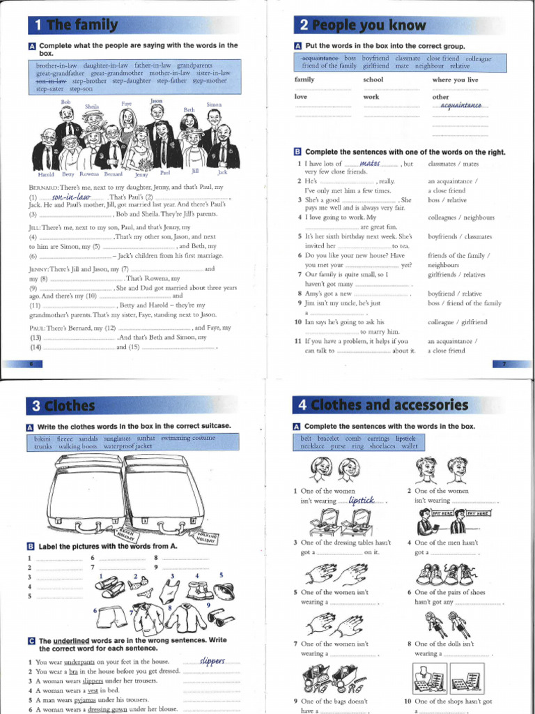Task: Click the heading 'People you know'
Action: tap(371, 26)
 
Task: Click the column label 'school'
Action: tap(373, 80)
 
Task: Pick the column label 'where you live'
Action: tap(456, 80)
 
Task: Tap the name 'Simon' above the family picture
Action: tap(214, 105)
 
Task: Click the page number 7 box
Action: tap(504, 364)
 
